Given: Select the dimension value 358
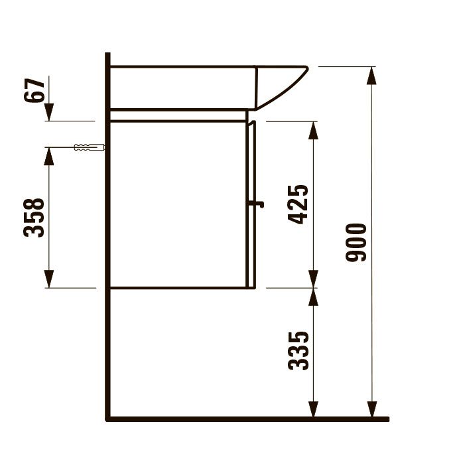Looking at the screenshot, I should coord(34,217).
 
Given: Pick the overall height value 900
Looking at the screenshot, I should coord(357,243).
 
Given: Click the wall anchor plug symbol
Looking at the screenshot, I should coord(90,147).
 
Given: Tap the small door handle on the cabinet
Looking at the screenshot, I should coord(258,204).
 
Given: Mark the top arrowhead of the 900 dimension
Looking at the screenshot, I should coord(372,74).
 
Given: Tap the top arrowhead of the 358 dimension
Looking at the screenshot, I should coord(48,156).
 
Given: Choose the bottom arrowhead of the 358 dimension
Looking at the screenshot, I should coord(48,279).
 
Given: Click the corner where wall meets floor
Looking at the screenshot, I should coord(107,419).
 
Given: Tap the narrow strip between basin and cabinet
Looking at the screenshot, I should coord(178,115).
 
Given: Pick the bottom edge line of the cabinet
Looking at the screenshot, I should coord(179,288).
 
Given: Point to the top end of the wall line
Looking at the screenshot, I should coord(107,55).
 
